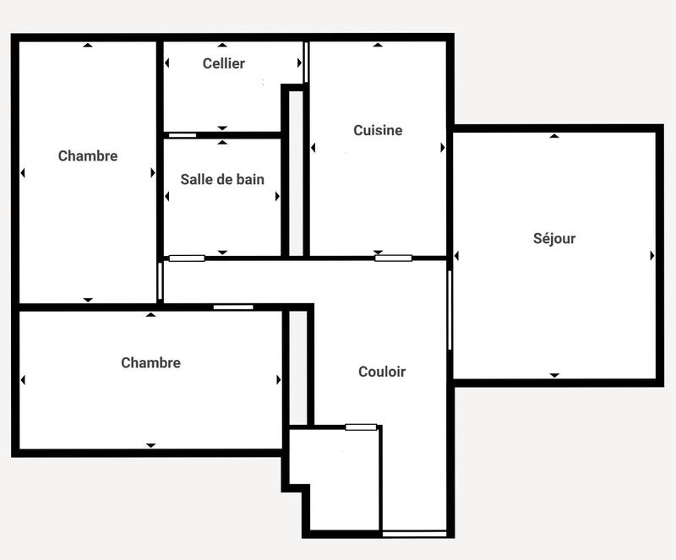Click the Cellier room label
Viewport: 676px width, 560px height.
[224, 63]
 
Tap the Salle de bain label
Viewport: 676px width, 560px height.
[222, 179]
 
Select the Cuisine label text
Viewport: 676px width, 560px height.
[378, 130]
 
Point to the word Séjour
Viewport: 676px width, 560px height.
[554, 238]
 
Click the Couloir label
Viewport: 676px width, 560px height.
[382, 372]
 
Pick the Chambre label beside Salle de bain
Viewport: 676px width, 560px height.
[88, 155]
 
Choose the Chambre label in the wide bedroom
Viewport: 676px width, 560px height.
[151, 362]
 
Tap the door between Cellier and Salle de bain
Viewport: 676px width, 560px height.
[182, 134]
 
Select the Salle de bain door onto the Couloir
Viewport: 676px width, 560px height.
[187, 258]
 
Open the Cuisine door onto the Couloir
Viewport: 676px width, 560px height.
[393, 258]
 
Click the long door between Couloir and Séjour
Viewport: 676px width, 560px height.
[450, 309]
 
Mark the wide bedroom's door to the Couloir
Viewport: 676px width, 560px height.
[232, 307]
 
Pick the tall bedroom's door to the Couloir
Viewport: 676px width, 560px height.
[160, 281]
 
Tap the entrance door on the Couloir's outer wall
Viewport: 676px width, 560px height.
[414, 533]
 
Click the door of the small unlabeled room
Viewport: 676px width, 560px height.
[361, 427]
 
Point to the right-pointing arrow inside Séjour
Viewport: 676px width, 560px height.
[652, 255]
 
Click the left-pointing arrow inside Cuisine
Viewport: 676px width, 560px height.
[313, 148]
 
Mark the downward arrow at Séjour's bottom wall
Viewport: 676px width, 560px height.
[554, 374]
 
